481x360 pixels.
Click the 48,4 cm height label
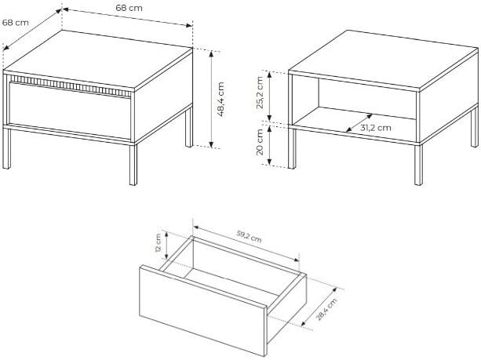click(220, 99)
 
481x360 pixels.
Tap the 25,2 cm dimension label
click(260, 93)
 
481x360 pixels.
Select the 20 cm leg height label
click(260, 142)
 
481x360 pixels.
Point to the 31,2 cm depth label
click(376, 128)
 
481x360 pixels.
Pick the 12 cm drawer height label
click(158, 243)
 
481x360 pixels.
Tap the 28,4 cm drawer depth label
click(326, 309)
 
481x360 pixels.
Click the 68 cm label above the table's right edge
click(129, 8)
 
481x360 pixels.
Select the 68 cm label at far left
click(16, 23)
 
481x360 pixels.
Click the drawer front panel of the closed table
click(70, 110)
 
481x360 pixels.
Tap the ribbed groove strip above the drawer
click(71, 85)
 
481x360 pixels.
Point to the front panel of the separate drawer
click(202, 310)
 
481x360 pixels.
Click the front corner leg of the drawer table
click(133, 163)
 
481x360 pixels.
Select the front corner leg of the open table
click(418, 164)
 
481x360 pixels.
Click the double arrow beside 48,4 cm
click(211, 100)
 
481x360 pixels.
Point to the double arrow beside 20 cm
click(269, 145)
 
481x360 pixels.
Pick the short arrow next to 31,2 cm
click(359, 123)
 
